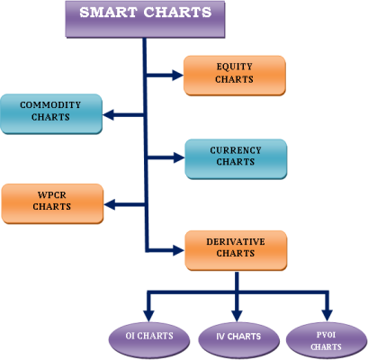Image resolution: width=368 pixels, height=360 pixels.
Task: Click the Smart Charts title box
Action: click(x=145, y=19)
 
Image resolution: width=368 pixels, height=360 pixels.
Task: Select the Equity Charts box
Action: click(x=235, y=76)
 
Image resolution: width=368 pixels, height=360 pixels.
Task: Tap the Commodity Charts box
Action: click(x=51, y=113)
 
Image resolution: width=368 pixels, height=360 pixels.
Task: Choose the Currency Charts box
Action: click(x=236, y=159)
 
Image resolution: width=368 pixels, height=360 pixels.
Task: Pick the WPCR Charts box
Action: click(x=52, y=203)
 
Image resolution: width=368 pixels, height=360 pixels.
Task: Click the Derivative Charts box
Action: click(x=236, y=250)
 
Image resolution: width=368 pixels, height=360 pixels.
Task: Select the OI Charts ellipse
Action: click(x=149, y=340)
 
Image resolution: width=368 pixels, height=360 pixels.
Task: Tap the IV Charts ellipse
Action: click(x=238, y=340)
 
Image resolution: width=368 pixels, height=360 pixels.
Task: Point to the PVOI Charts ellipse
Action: click(x=327, y=341)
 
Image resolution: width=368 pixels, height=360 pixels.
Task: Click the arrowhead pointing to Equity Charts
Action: click(x=178, y=75)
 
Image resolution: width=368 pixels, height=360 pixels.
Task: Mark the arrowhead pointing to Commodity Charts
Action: click(x=108, y=114)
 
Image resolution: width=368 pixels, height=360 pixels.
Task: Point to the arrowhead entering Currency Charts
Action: click(x=179, y=157)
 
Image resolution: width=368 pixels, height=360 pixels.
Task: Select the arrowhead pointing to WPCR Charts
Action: click(x=110, y=204)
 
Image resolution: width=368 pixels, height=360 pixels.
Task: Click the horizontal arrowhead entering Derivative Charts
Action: click(x=179, y=250)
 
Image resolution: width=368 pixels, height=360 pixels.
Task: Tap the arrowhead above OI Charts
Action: click(x=148, y=316)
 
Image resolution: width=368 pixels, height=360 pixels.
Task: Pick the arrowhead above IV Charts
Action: click(x=237, y=316)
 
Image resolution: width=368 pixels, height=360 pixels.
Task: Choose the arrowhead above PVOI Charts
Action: click(x=327, y=316)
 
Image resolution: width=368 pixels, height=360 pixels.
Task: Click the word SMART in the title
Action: click(x=108, y=13)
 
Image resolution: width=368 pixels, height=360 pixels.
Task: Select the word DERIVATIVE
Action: click(x=236, y=242)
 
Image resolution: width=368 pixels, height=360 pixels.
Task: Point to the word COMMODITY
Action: click(x=50, y=105)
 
